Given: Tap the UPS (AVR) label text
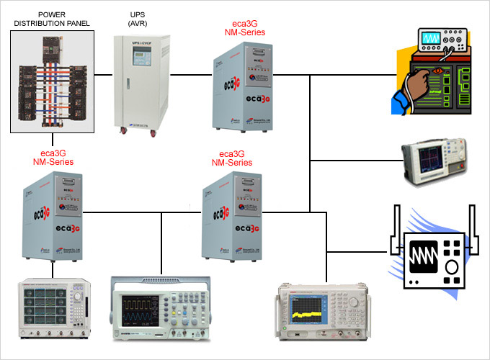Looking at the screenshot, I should click(x=136, y=18).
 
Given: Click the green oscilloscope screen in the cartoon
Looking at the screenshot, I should click(x=432, y=37).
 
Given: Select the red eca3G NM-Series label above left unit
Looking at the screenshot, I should click(x=53, y=157).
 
